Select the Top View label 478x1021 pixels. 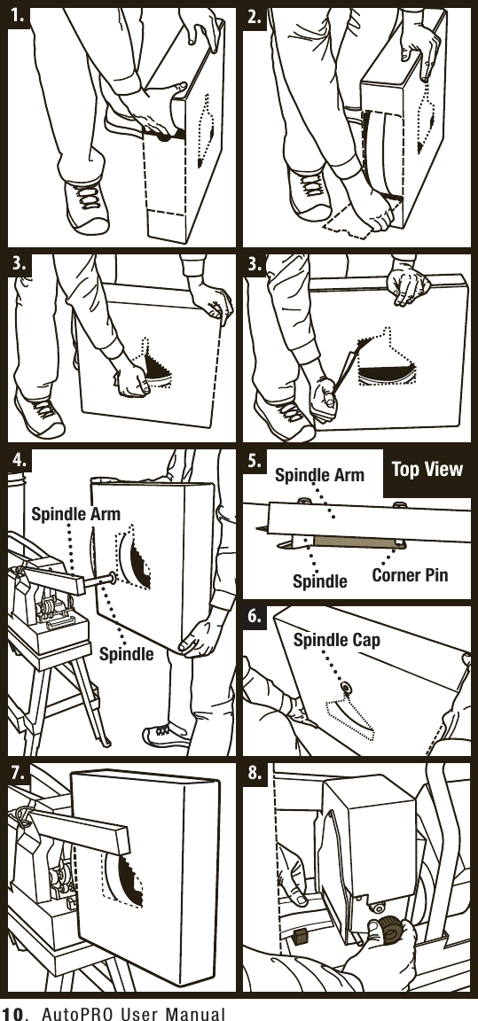tap(427, 470)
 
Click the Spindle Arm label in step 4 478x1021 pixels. tap(75, 513)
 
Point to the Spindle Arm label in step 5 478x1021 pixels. tap(319, 475)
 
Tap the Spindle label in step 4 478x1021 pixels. tap(125, 655)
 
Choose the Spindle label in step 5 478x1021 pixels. tap(319, 581)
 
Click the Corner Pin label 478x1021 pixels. tap(410, 574)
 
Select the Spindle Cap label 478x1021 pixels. tap(336, 639)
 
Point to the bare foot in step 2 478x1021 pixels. tap(372, 211)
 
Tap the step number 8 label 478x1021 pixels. tap(257, 774)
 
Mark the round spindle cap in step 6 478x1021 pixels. tap(347, 688)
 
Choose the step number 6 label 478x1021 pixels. tap(257, 619)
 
